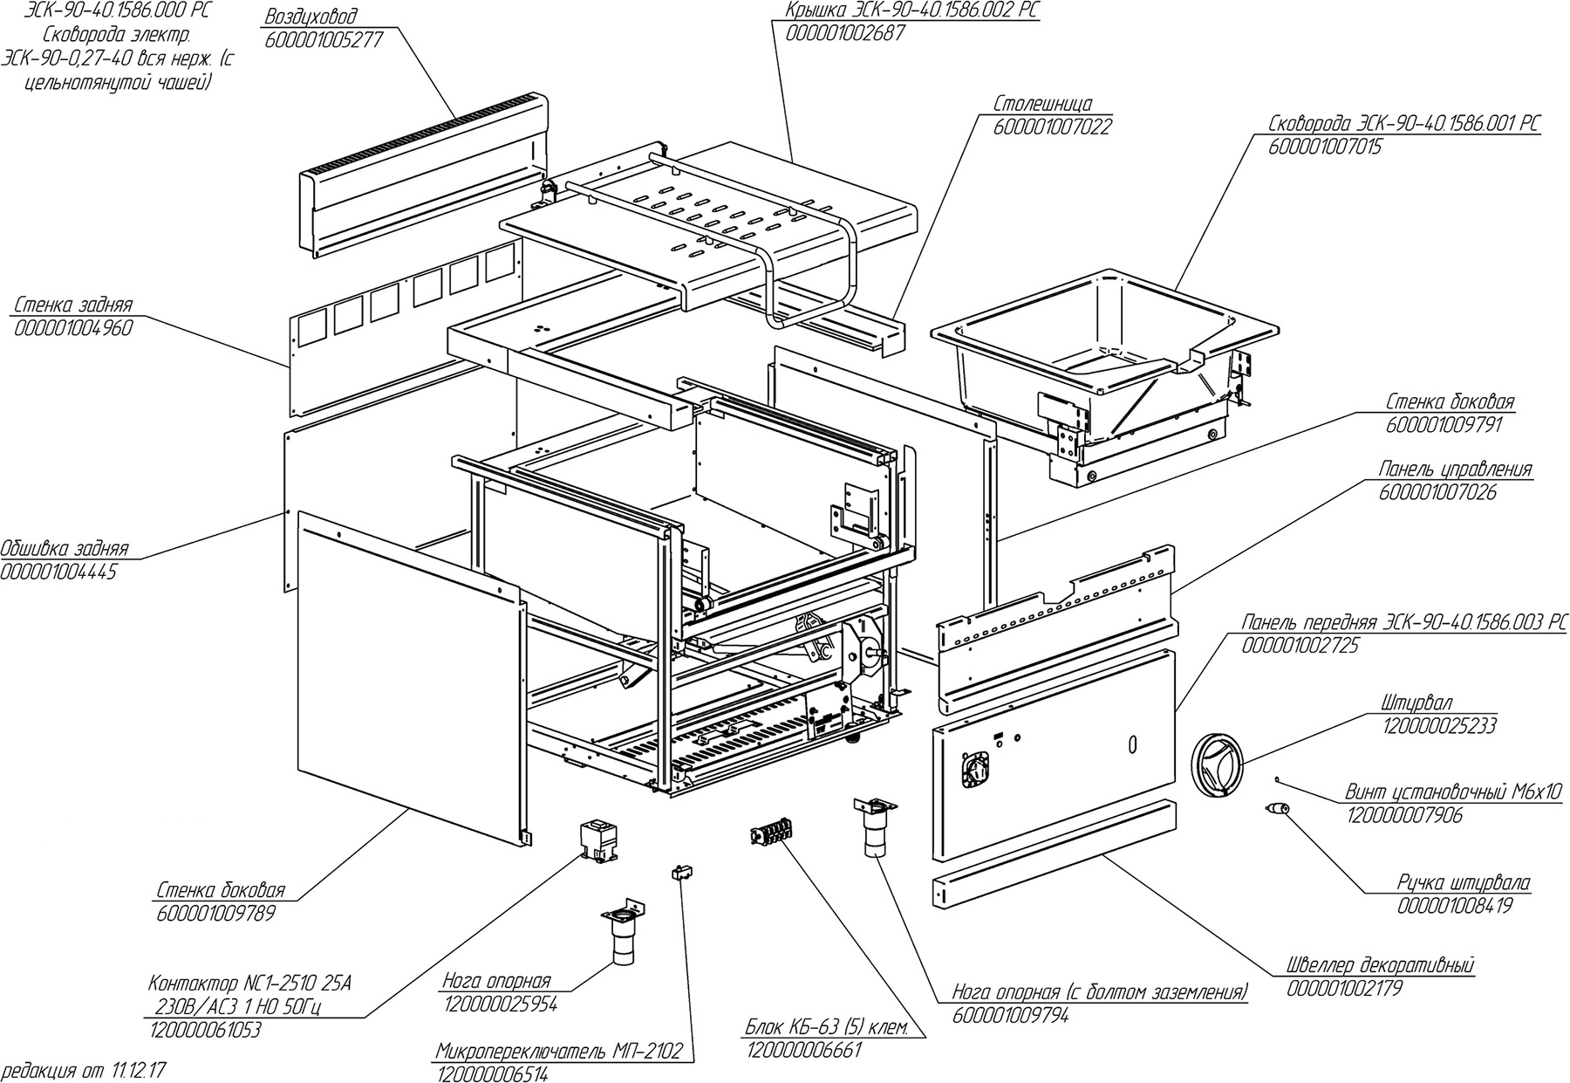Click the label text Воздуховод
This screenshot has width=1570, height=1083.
[x=311, y=17]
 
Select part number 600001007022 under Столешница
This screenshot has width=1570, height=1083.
[x=1052, y=127]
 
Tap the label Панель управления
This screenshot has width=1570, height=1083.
[x=1454, y=470]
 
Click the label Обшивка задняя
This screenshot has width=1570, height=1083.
[x=65, y=549]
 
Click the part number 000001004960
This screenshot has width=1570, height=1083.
[x=73, y=329]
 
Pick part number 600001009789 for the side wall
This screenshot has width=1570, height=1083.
[x=216, y=914]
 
